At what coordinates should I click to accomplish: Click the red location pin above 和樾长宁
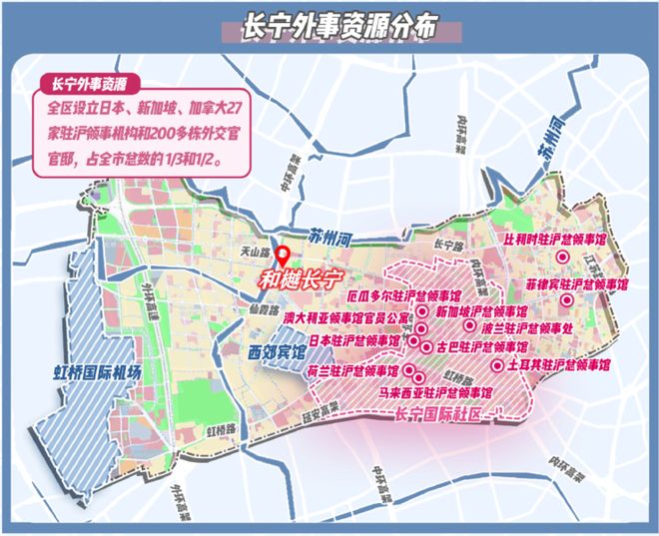coord(283,256)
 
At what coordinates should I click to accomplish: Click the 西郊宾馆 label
coord(274,351)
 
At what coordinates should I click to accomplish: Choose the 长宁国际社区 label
coord(438,414)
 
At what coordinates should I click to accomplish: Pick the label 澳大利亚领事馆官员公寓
coord(346,318)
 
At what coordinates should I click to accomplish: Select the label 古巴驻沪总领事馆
coord(478,346)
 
